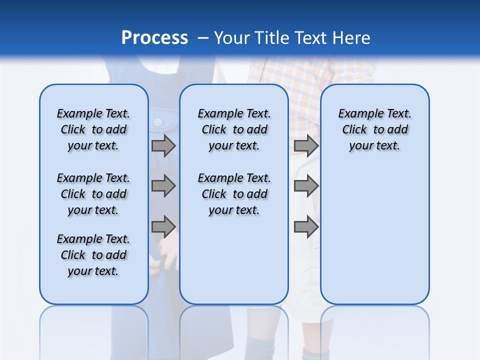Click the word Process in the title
pos(154,38)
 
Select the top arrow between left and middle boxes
pos(163,145)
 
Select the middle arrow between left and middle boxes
pos(163,186)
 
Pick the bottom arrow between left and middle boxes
pos(163,226)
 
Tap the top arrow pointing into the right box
pos(306,145)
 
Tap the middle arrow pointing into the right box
pos(306,186)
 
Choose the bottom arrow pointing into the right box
pos(306,226)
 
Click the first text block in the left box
pos(93,129)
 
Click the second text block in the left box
pos(93,194)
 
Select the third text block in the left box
pos(93,255)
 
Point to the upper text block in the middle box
pos(234,129)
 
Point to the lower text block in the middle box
pos(234,194)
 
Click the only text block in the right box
pos(375,129)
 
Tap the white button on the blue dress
pos(158,122)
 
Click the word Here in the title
pos(352,38)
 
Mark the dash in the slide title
pos(203,38)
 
